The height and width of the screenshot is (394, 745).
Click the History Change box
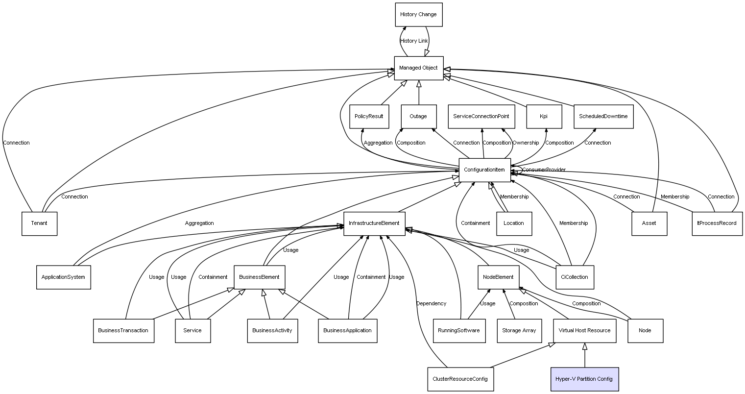point(418,15)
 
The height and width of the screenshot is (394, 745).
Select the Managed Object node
point(418,68)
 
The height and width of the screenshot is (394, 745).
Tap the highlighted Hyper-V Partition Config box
point(584,379)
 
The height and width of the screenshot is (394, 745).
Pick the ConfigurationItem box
point(484,170)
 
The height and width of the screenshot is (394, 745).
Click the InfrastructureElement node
point(374,223)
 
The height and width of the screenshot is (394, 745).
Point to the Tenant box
point(39,223)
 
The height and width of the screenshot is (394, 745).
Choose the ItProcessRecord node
point(717,223)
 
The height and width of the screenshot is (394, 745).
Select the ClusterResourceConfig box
point(460,379)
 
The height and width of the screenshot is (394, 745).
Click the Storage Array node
point(519,330)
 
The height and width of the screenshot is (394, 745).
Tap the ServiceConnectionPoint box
point(481,117)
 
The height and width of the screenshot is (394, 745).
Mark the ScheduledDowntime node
point(603,117)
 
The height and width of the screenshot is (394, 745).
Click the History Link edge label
point(414,41)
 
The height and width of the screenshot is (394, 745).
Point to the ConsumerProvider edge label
point(544,170)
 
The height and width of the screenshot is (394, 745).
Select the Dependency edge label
point(431,304)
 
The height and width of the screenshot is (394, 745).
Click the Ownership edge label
point(526,143)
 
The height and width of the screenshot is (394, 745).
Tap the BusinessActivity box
point(272,330)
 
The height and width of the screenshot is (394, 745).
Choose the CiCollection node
point(575,277)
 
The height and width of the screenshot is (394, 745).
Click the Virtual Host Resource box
point(584,330)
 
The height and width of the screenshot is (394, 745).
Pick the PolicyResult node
point(369,117)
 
